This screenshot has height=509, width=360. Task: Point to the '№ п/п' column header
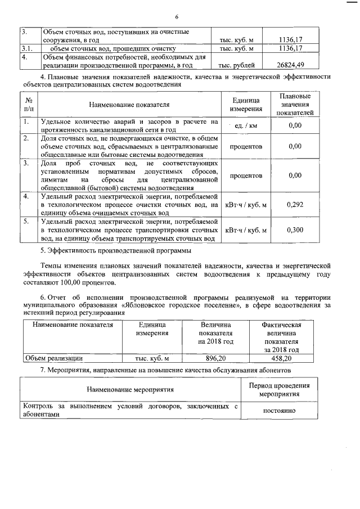point(29,105)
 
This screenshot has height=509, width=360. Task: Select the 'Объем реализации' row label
point(54,358)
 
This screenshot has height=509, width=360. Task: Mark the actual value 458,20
point(282,358)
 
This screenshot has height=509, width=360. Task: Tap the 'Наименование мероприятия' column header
point(130,389)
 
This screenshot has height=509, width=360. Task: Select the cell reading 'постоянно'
point(280,411)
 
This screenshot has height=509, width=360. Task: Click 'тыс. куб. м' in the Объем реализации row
point(151,358)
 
